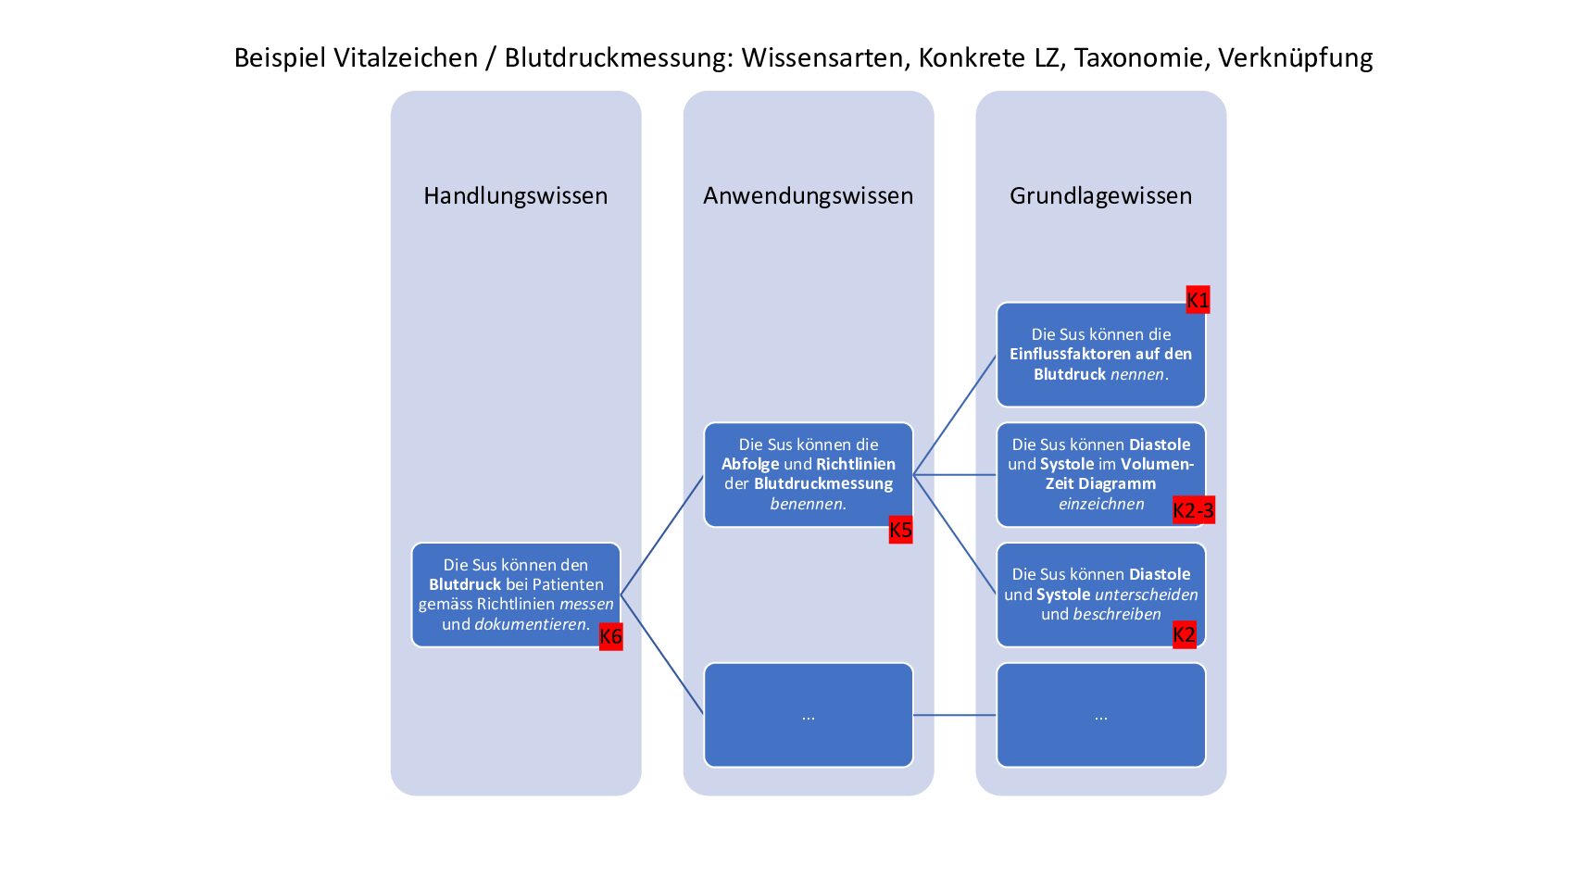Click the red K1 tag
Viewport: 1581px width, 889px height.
pyautogui.click(x=1198, y=300)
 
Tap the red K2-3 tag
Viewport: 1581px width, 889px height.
pyautogui.click(x=1194, y=510)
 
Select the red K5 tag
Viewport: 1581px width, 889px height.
pyautogui.click(x=900, y=530)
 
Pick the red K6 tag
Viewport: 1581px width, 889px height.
pyautogui.click(x=611, y=636)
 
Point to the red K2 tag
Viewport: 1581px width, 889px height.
pyautogui.click(x=1185, y=635)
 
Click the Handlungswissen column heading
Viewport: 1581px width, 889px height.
pyautogui.click(x=516, y=195)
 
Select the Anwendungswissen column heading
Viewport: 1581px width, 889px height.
pyautogui.click(x=809, y=195)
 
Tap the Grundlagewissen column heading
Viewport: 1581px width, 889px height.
pyautogui.click(x=1101, y=195)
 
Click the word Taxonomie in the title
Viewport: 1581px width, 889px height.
pyautogui.click(x=1139, y=57)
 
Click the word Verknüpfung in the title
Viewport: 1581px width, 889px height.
pyautogui.click(x=1296, y=57)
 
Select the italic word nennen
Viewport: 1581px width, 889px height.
pyautogui.click(x=1137, y=375)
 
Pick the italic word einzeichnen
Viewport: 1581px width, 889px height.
pyautogui.click(x=1101, y=504)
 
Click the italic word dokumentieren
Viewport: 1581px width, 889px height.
pyautogui.click(x=530, y=624)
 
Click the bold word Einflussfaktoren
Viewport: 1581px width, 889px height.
pyautogui.click(x=1060, y=354)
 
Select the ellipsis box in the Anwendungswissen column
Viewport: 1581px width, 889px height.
pyautogui.click(x=809, y=716)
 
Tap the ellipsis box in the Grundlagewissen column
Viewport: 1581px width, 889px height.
pyautogui.click(x=1101, y=716)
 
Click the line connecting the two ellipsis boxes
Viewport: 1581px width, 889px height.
pyautogui.click(x=955, y=716)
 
